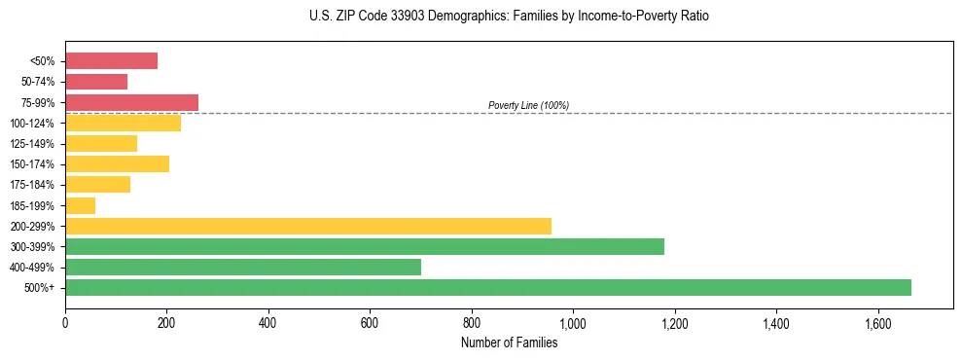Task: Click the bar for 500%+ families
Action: (487, 287)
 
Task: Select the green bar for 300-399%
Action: (364, 246)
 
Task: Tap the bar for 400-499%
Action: (242, 267)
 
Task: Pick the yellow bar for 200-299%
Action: (307, 226)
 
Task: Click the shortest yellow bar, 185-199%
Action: (80, 205)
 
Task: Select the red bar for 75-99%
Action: (131, 102)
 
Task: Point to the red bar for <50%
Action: (111, 61)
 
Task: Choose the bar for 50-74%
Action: (96, 82)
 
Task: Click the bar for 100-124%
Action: (123, 123)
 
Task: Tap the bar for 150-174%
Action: (117, 163)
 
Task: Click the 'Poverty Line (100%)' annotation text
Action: (528, 105)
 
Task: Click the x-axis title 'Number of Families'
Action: (509, 342)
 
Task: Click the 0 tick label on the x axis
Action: (65, 321)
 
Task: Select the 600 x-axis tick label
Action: (370, 321)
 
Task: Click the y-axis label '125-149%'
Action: (32, 144)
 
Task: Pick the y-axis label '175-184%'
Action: (32, 185)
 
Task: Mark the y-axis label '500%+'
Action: (39, 288)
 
